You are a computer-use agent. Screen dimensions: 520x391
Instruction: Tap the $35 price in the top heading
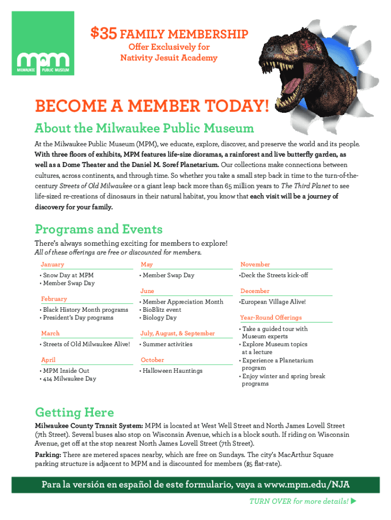[x=104, y=34]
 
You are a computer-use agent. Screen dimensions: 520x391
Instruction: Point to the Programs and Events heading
[x=99, y=229]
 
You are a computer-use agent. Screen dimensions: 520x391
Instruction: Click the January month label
[x=52, y=265]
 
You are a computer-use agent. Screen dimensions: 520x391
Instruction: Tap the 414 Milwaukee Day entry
[x=69, y=379]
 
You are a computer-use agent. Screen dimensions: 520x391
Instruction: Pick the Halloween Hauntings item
[x=172, y=371]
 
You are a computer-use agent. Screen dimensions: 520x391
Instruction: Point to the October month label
[x=152, y=360]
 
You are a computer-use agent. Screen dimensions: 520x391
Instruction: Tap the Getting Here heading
[x=74, y=412]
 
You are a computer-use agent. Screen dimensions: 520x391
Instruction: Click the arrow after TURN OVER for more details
[x=354, y=502]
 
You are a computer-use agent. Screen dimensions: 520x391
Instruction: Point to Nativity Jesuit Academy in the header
[x=169, y=58]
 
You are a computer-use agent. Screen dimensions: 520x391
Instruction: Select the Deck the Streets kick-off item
[x=274, y=275]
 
